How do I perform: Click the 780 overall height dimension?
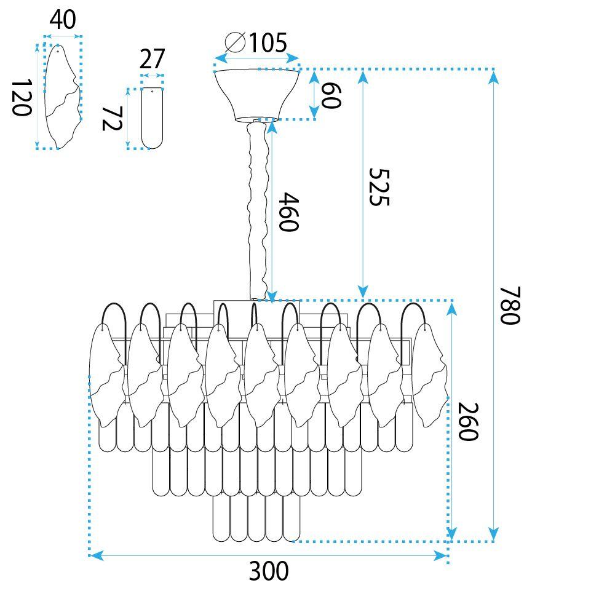(x=510, y=306)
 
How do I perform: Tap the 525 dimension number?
(x=379, y=187)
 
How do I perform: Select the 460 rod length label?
(x=288, y=212)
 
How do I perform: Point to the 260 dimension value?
(x=468, y=422)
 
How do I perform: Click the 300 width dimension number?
(x=269, y=571)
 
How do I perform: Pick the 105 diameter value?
(x=268, y=42)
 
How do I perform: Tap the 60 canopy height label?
(x=331, y=95)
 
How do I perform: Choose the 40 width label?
(x=63, y=20)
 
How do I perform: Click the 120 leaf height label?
(x=21, y=98)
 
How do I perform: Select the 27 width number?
(x=152, y=59)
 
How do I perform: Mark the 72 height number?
(x=112, y=119)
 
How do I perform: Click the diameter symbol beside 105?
(x=236, y=42)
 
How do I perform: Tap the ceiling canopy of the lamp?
(x=257, y=95)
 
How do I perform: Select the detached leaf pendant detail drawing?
(x=63, y=97)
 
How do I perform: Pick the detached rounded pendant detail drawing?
(x=152, y=118)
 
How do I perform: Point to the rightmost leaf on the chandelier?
(x=429, y=375)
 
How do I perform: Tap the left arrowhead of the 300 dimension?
(x=96, y=555)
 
